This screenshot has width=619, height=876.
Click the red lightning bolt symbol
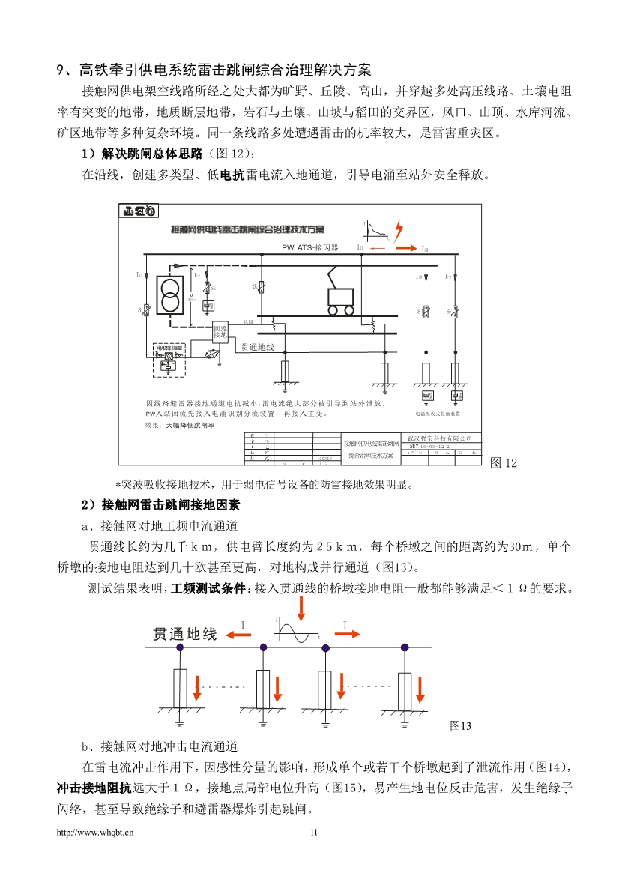point(399,228)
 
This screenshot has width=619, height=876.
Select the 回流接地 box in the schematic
point(220,330)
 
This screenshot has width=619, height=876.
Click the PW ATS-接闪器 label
point(310,247)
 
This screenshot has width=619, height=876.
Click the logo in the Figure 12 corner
point(139,212)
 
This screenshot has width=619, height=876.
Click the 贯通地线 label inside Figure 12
point(258,348)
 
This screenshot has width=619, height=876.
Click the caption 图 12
point(503,463)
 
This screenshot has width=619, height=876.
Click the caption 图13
point(460,725)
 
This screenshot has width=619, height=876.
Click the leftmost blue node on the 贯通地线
point(178,647)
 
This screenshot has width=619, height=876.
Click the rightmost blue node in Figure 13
point(404,647)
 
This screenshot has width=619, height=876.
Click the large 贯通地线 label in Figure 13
point(185,634)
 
